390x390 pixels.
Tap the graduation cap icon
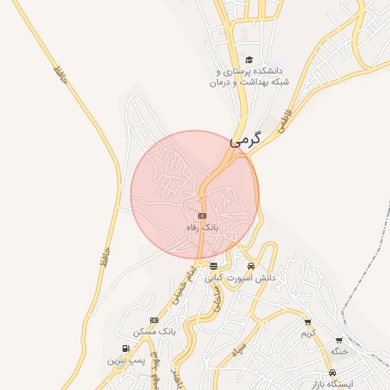(249, 60)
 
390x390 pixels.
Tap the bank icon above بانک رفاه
(202, 216)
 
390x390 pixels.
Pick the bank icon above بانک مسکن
(155, 320)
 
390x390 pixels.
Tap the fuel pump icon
(125, 347)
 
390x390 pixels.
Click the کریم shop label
(308, 334)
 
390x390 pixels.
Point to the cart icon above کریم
(308, 322)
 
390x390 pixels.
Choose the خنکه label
(339, 351)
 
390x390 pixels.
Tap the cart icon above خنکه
(339, 340)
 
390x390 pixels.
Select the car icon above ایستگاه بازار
(332, 372)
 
